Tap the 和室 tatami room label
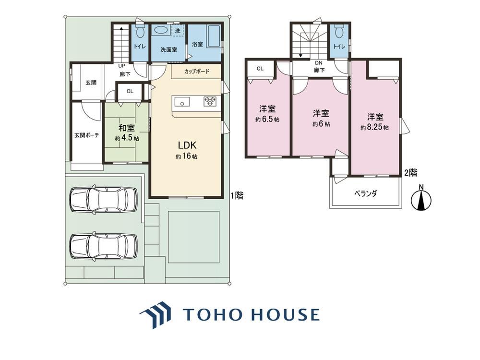127,132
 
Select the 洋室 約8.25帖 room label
375,122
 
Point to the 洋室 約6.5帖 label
267,114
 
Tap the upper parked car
104,199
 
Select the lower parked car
104,246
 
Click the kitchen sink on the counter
182,102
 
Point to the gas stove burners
210,101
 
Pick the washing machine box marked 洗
178,31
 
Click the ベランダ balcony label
366,193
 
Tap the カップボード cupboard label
197,72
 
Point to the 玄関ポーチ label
86,135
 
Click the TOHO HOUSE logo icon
156,314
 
